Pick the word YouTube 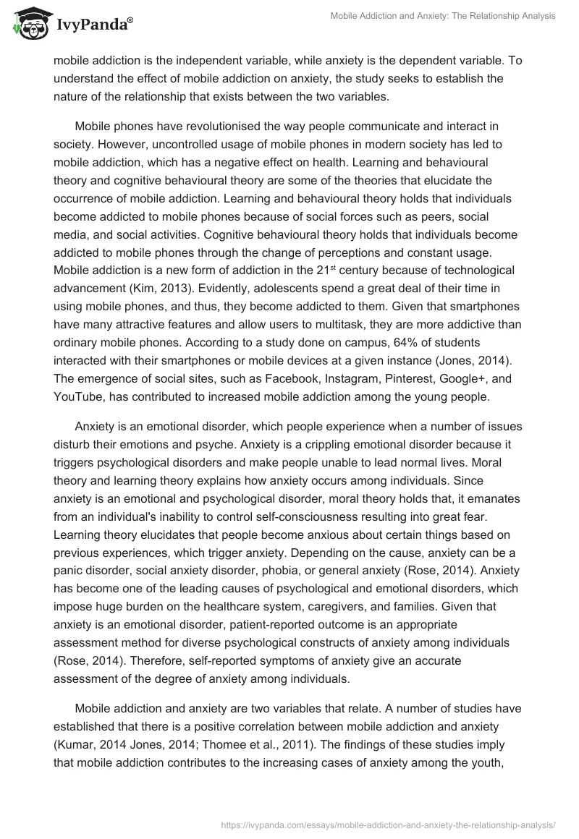(x=80, y=396)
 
